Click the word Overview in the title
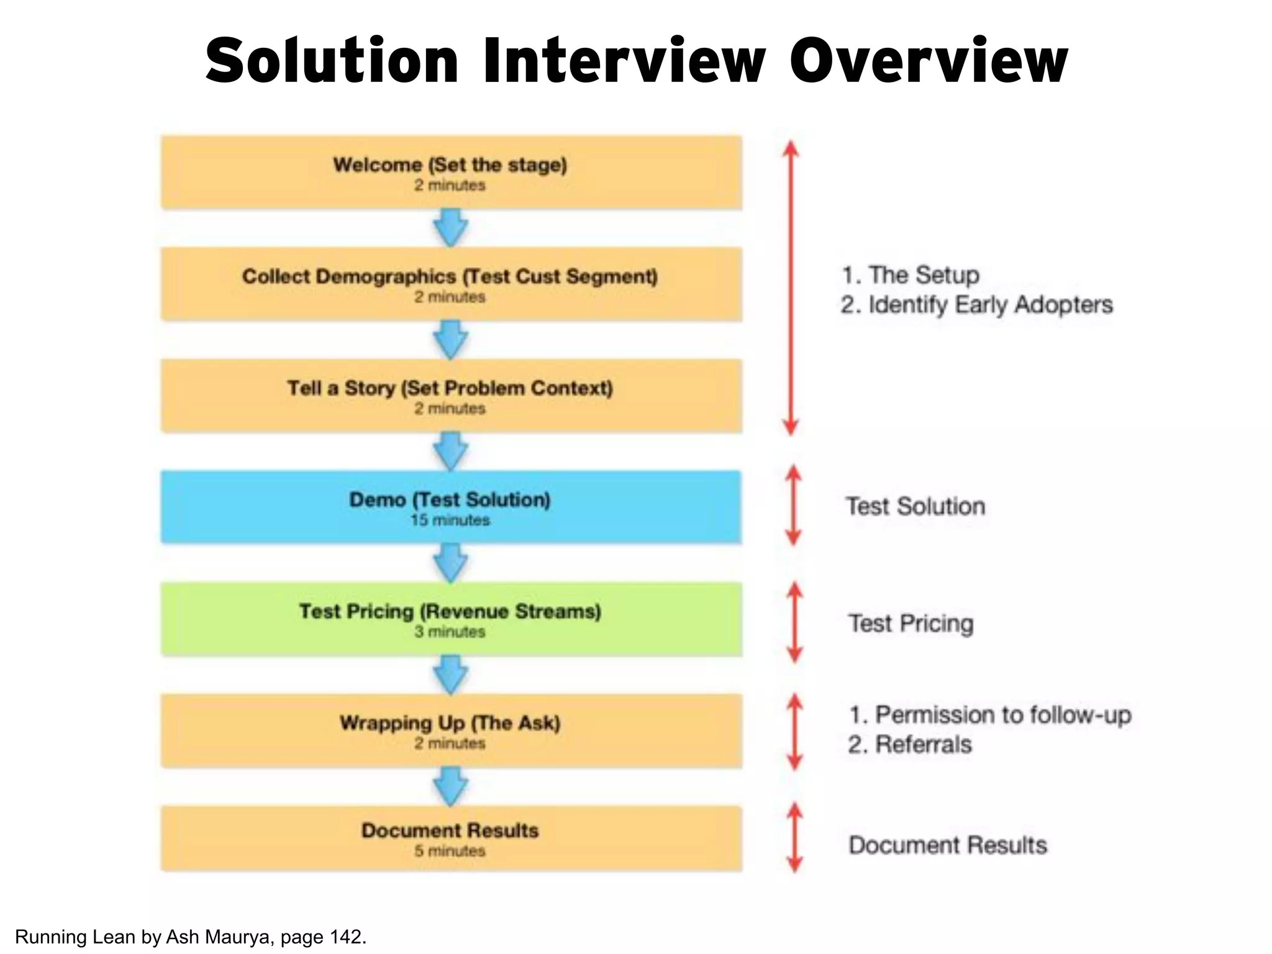pos(928,60)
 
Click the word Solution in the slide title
pos(332,60)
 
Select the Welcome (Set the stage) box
pos(451,172)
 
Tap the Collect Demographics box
pos(451,284)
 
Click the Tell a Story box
pos(451,396)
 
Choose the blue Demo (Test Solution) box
pos(451,507)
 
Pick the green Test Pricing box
pos(451,619)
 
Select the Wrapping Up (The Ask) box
pos(451,730)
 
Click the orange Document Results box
pos(451,838)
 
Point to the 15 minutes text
pos(450,520)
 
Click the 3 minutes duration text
pos(450,632)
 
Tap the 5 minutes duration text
pos(450,851)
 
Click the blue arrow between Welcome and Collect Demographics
pos(450,227)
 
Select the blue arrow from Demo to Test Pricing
pos(450,563)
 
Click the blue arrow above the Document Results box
pos(450,786)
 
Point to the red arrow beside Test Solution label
pos(793,506)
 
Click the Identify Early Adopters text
pos(990,305)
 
